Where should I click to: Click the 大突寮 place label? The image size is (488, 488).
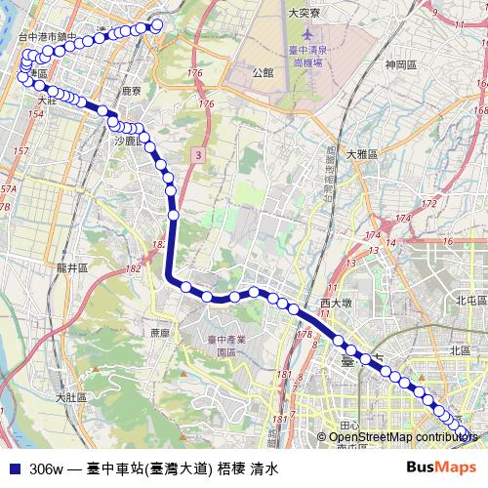tap(305, 13)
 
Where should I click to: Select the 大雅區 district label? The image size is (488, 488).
tap(362, 154)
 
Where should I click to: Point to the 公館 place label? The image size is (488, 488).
tap(262, 72)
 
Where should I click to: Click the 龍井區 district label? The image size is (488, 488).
tap(72, 266)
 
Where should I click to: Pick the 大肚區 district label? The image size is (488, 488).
tap(71, 397)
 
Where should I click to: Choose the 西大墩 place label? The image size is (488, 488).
tap(335, 305)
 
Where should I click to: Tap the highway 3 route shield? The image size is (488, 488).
tap(197, 154)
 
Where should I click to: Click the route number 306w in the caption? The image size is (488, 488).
tap(45, 468)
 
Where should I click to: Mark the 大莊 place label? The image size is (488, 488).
tap(47, 100)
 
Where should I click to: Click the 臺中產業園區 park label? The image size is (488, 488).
tap(225, 346)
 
